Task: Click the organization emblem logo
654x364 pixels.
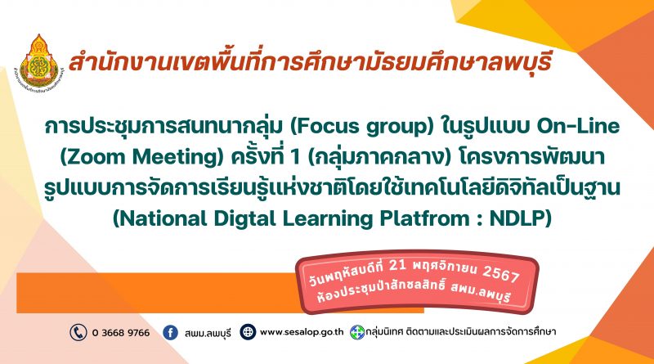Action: click(x=39, y=63)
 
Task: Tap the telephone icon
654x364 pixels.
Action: click(x=78, y=332)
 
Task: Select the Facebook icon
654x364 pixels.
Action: click(x=170, y=332)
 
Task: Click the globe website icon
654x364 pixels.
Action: click(x=248, y=332)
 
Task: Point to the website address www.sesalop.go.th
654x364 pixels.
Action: click(x=302, y=332)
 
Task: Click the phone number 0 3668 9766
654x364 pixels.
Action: click(x=120, y=333)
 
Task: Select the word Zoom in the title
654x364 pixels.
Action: click(x=96, y=157)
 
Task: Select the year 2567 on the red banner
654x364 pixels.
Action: click(x=500, y=274)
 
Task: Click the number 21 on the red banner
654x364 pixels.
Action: click(x=396, y=265)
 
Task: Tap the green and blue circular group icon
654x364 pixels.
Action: click(x=357, y=332)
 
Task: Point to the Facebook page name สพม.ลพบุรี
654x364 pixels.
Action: click(x=208, y=333)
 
